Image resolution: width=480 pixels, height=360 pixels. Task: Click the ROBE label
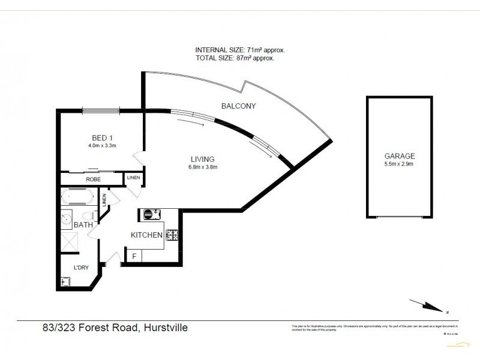93,179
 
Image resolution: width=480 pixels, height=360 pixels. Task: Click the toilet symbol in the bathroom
88,216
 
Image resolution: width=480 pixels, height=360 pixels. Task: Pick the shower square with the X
71,241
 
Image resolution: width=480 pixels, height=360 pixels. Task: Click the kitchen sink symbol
150,214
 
